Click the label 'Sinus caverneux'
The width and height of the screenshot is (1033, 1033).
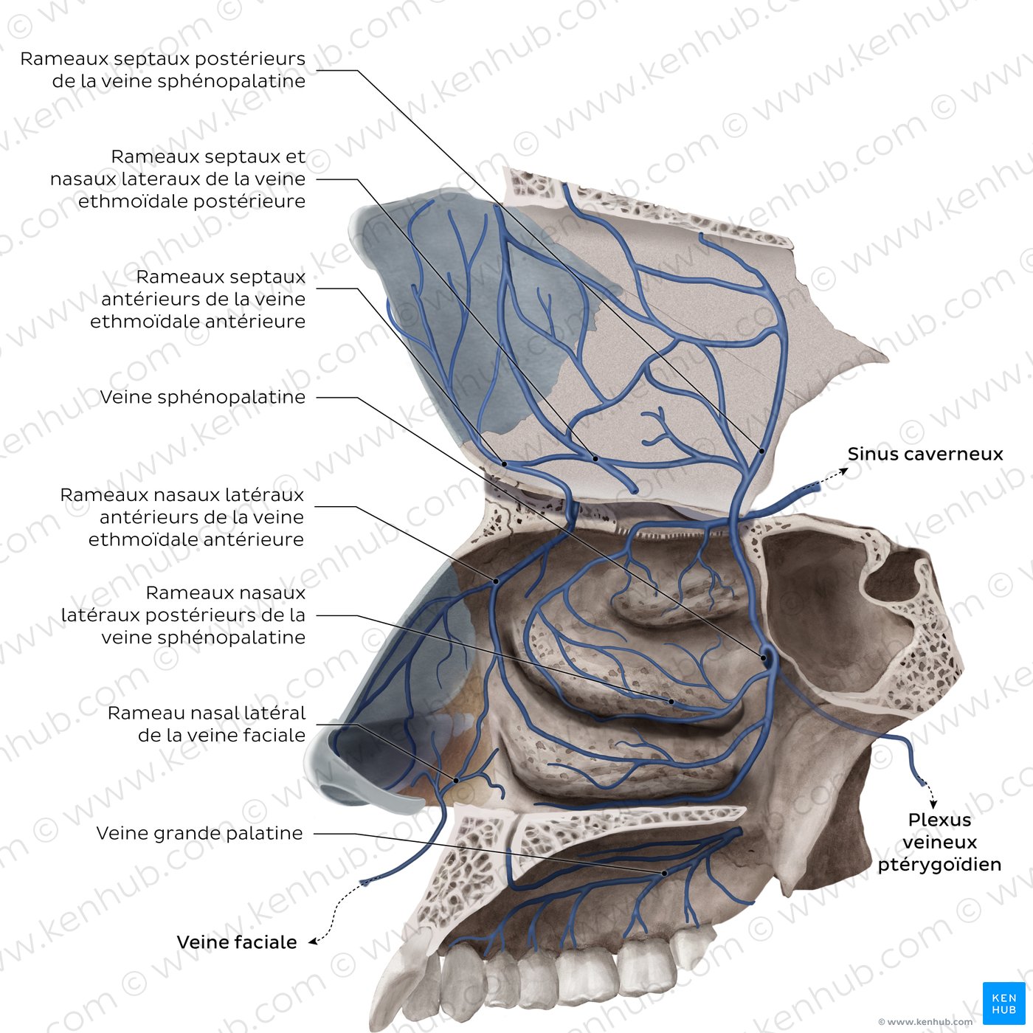tap(925, 454)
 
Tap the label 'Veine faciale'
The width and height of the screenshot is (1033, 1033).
tap(237, 942)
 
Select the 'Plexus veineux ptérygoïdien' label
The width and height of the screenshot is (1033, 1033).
tap(939, 842)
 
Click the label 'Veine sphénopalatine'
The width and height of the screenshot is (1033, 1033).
tap(203, 397)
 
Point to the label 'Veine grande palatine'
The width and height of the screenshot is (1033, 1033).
tap(200, 833)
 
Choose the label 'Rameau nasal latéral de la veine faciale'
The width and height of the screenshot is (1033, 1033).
tap(207, 724)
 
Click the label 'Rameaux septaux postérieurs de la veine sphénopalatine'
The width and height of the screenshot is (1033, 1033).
tap(163, 69)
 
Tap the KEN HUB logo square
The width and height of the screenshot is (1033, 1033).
tap(1003, 1003)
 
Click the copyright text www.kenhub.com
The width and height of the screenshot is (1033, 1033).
tap(925, 1022)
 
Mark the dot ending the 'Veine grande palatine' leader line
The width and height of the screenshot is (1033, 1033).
tap(664, 873)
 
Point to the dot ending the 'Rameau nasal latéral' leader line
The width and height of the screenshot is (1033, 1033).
tap(456, 780)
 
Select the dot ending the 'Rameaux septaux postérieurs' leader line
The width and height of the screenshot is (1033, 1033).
tap(761, 449)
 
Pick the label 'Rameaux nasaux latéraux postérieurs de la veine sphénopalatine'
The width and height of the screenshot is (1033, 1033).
tap(183, 615)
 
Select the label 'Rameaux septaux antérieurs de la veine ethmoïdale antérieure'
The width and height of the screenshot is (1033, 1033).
tap(198, 299)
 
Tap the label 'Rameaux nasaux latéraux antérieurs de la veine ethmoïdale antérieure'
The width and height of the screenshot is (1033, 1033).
tap(182, 516)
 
